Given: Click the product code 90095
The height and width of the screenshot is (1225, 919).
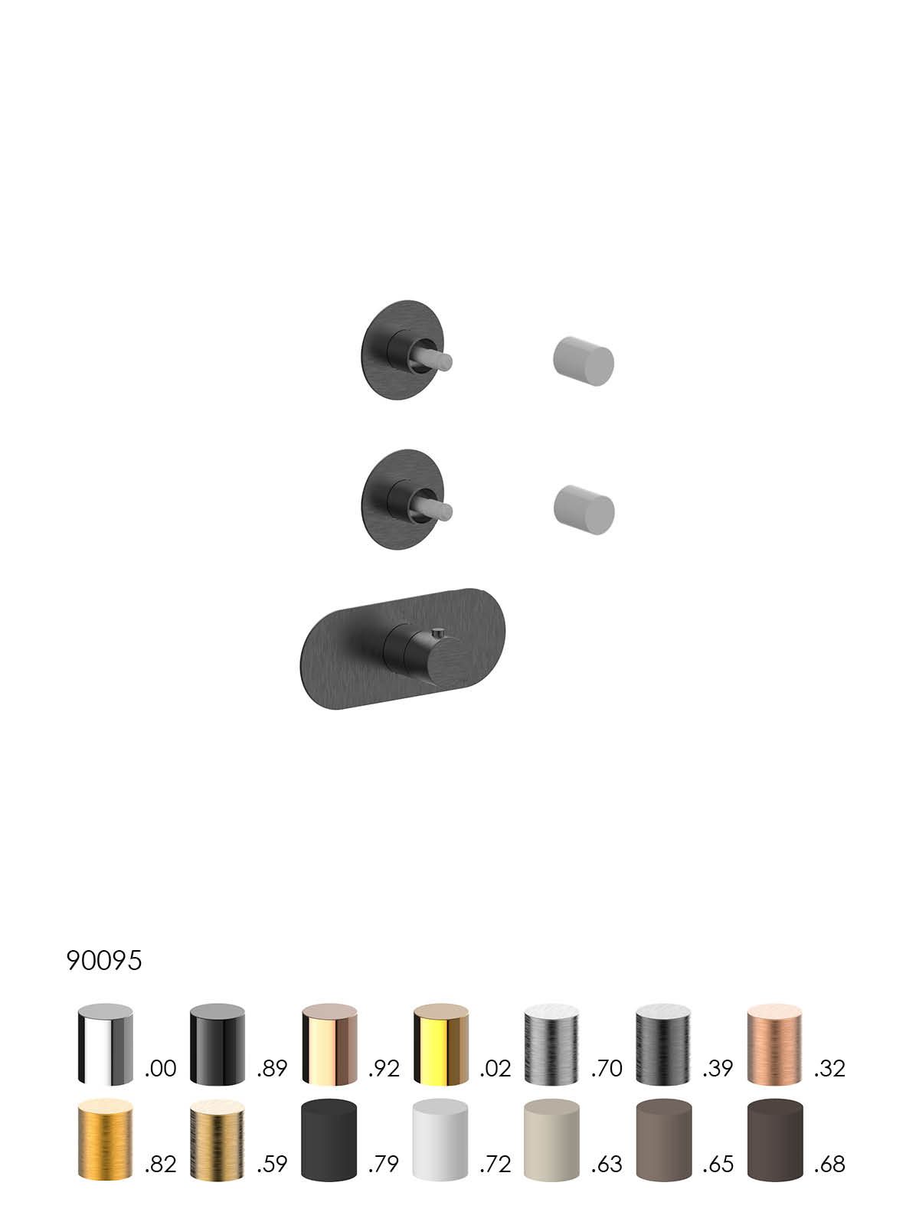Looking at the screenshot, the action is click(104, 960).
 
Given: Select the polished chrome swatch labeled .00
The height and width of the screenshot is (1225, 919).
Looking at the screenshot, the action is click(106, 1045).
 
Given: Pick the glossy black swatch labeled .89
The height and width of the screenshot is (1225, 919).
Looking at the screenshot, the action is click(217, 1045).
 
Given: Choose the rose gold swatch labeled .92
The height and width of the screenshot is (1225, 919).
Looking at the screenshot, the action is click(329, 1045).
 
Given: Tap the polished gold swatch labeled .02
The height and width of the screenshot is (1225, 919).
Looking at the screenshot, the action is click(441, 1045).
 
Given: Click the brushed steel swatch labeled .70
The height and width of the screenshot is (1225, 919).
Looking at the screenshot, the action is click(552, 1045).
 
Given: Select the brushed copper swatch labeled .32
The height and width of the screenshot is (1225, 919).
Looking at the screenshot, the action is click(775, 1045).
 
